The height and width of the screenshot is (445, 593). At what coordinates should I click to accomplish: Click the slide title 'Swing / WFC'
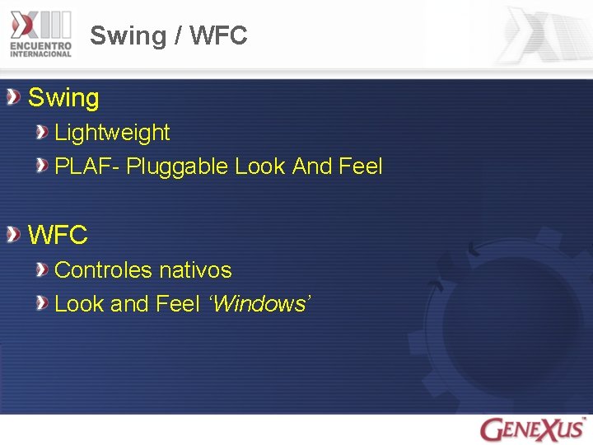168,35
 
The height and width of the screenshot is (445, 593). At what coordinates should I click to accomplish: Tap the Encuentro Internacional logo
41,34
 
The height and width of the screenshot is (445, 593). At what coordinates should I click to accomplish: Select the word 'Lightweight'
112,133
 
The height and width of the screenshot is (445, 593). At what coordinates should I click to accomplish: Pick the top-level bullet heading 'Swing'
63,98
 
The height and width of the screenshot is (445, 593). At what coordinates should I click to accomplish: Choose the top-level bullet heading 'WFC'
58,235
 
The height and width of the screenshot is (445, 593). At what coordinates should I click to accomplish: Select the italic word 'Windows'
258,304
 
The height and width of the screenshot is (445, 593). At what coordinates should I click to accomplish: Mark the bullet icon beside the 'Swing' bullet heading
14,98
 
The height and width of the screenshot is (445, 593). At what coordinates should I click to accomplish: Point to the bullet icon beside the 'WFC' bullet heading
14,236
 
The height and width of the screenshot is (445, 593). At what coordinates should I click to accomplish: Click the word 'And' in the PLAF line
312,166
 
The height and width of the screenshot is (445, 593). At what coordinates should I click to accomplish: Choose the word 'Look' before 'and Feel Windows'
79,304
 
